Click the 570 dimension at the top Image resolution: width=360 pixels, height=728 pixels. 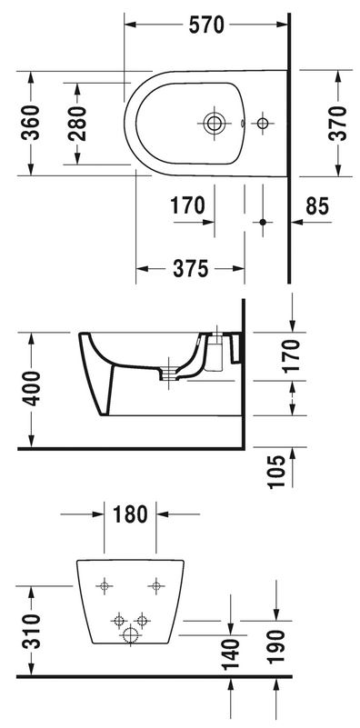tap(206, 25)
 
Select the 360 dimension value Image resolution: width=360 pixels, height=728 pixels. tap(31, 123)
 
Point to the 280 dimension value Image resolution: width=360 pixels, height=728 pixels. tap(77, 124)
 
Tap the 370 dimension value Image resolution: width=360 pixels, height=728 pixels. tap(337, 123)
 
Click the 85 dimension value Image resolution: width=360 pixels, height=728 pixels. tap(317, 205)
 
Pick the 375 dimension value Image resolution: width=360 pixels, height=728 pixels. tap(190, 268)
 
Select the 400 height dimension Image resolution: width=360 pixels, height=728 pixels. tap(31, 388)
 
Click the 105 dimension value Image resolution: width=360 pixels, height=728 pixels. tap(277, 472)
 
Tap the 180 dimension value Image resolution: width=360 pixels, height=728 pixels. tap(130, 514)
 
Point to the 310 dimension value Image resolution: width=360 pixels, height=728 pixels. tap(31, 631)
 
